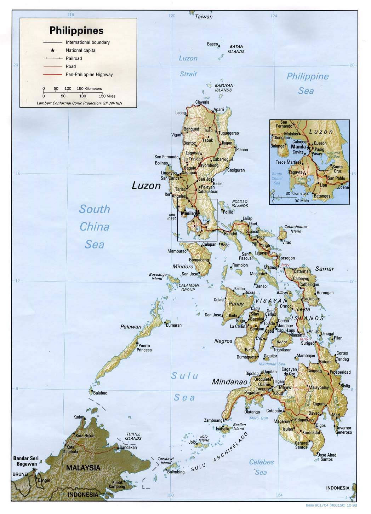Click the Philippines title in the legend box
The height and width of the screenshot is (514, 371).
pyautogui.click(x=76, y=30)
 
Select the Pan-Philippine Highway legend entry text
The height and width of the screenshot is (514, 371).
pyautogui.click(x=89, y=75)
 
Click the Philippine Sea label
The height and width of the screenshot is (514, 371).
pyautogui.click(x=307, y=83)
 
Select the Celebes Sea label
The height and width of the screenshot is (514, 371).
pyautogui.click(x=261, y=467)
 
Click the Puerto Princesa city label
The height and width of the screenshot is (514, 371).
pyautogui.click(x=144, y=347)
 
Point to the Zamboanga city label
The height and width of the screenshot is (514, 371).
pyautogui.click(x=214, y=420)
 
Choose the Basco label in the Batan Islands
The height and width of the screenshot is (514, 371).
pyautogui.click(x=212, y=44)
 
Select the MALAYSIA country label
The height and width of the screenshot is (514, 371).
pyautogui.click(x=83, y=467)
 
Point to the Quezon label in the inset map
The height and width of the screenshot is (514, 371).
pyautogui.click(x=320, y=144)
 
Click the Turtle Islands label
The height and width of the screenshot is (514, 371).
pyautogui.click(x=134, y=436)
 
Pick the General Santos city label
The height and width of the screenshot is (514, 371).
pyautogui.click(x=302, y=445)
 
